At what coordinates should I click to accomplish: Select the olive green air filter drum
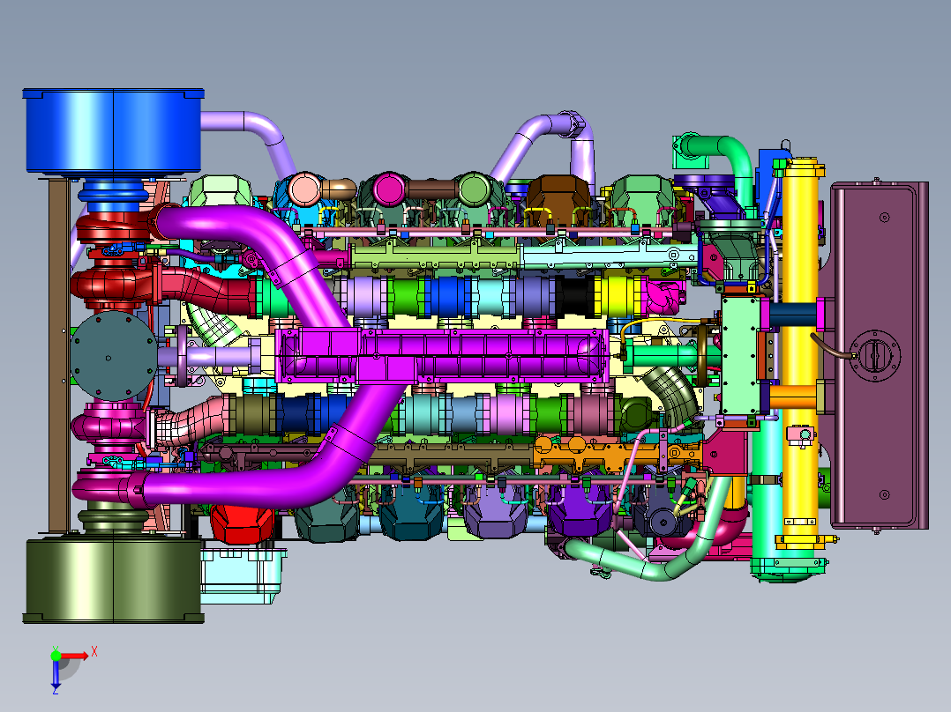(114, 580)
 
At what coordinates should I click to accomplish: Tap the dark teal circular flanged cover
(114, 356)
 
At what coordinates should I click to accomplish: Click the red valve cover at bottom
(242, 523)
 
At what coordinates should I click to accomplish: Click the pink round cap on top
(304, 189)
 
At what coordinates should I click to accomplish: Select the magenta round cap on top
(389, 189)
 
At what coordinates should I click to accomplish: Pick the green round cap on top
(474, 189)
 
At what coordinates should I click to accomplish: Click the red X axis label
(94, 652)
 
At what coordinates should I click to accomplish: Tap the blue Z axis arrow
(56, 674)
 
